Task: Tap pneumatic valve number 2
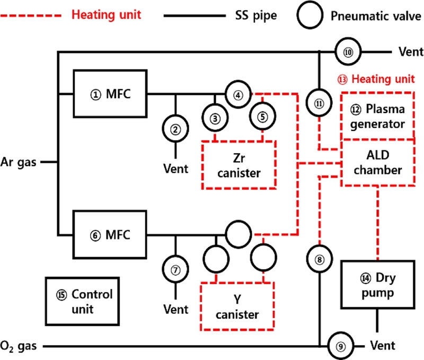point(175,127)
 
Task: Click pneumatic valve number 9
point(340,347)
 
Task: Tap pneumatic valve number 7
point(175,268)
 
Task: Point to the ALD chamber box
point(377,163)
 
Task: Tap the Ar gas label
point(19,162)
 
